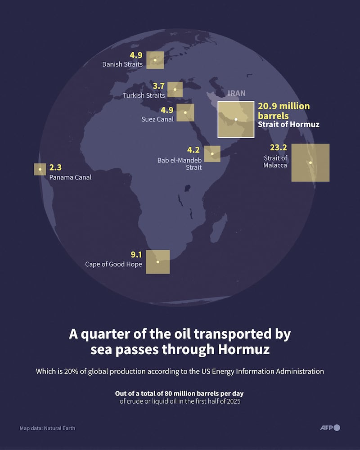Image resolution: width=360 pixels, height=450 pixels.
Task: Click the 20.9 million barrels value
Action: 283,110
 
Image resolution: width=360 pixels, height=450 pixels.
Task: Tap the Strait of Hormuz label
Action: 288,124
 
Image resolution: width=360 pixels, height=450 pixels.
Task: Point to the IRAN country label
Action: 237,93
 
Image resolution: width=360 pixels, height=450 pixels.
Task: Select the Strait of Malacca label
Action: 275,162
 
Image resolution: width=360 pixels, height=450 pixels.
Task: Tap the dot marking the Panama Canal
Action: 40,170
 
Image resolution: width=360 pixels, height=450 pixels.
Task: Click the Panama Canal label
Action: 70,177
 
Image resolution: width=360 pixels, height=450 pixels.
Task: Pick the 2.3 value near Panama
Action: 55,167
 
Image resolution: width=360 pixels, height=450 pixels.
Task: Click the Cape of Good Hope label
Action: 113,264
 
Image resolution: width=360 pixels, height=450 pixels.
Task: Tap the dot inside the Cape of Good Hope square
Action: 157,262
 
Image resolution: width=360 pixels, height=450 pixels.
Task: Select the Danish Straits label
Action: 122,64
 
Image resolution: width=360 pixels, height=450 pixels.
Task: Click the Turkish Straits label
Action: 144,95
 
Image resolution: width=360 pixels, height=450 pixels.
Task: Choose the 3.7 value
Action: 158,85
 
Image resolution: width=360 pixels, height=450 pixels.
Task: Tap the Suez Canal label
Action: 157,119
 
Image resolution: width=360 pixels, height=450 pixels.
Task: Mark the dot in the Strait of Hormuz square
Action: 235,119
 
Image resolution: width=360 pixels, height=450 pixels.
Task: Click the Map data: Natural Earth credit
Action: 47,428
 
